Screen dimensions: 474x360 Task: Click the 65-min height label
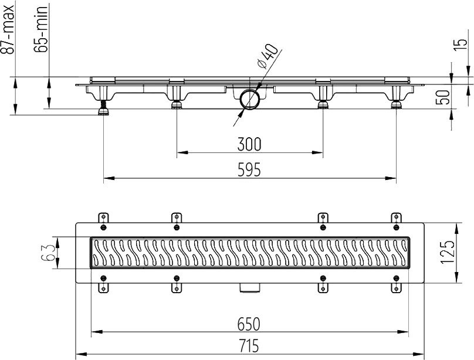tap(40, 29)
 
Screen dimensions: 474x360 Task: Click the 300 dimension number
tap(249, 144)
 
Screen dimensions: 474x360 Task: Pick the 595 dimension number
tap(249, 169)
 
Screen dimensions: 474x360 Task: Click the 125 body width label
tap(447, 253)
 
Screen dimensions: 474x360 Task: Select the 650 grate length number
tap(249, 324)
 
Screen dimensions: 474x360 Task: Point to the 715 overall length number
tap(249, 346)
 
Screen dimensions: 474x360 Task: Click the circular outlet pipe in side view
tap(250, 99)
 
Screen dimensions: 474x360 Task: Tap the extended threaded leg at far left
tap(104, 108)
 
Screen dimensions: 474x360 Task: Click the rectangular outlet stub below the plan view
tap(250, 287)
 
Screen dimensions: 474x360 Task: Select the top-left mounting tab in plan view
tap(103, 218)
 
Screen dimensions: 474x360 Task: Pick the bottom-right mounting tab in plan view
tap(396, 288)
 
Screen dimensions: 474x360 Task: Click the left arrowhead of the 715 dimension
tap(81, 354)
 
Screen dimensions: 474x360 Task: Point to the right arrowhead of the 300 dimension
tap(318, 153)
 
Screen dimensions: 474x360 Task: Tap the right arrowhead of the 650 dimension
tap(403, 332)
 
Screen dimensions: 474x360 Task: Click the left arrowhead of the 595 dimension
tap(109, 178)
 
